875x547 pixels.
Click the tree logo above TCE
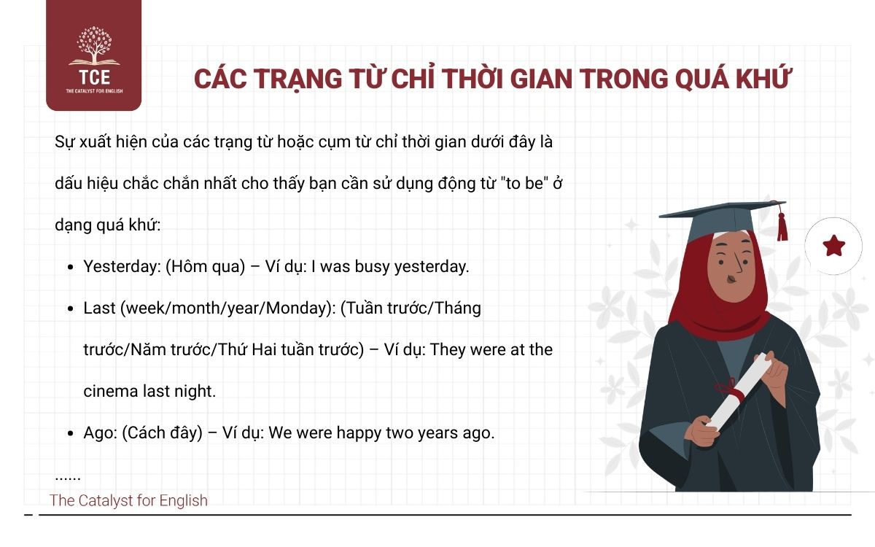93,46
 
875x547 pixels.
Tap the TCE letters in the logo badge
93,75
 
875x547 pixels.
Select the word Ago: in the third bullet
100,432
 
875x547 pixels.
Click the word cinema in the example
109,391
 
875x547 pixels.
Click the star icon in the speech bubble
833,247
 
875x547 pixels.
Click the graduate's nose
737,259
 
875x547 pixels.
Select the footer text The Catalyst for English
128,500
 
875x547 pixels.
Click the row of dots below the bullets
68,478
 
